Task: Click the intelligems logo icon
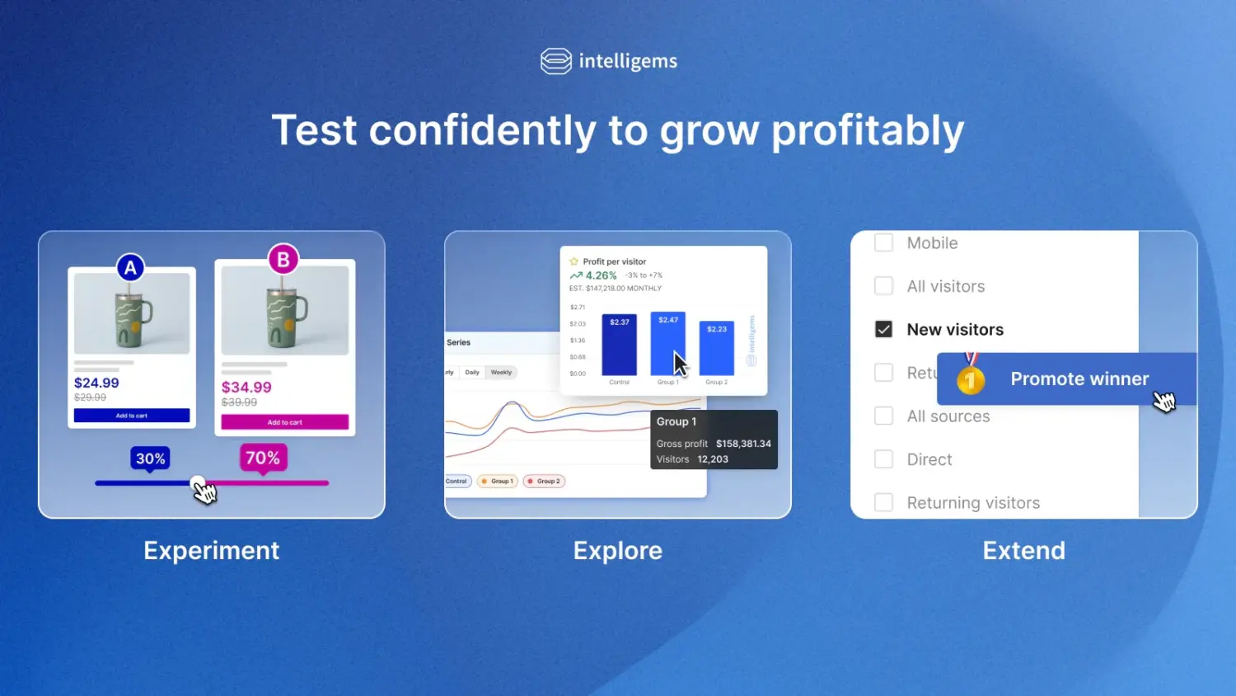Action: coord(556,61)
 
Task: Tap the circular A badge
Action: coord(130,268)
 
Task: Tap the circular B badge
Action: coord(283,260)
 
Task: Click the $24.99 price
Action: coord(96,383)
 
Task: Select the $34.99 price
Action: coord(246,387)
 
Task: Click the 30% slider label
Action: coord(150,459)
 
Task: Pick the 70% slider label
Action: coord(263,458)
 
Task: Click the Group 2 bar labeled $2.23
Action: coord(716,349)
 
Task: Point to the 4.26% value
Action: coord(601,275)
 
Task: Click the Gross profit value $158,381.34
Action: coord(743,444)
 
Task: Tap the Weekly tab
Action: coord(501,373)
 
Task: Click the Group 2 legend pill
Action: coord(544,482)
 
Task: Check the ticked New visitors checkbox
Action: coord(883,329)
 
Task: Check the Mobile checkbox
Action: coord(883,242)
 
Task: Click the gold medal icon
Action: coord(971,378)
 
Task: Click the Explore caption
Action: coord(617,550)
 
